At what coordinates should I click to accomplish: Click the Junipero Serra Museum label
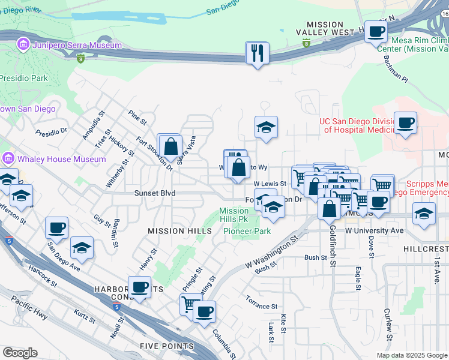[70, 45]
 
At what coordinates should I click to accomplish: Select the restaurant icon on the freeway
[257, 53]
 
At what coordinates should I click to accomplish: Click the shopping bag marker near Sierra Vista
[170, 146]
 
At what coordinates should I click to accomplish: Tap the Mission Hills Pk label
[234, 215]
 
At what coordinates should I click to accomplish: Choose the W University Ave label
[374, 230]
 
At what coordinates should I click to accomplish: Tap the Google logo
[20, 352]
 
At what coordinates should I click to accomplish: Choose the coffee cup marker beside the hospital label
[405, 124]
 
